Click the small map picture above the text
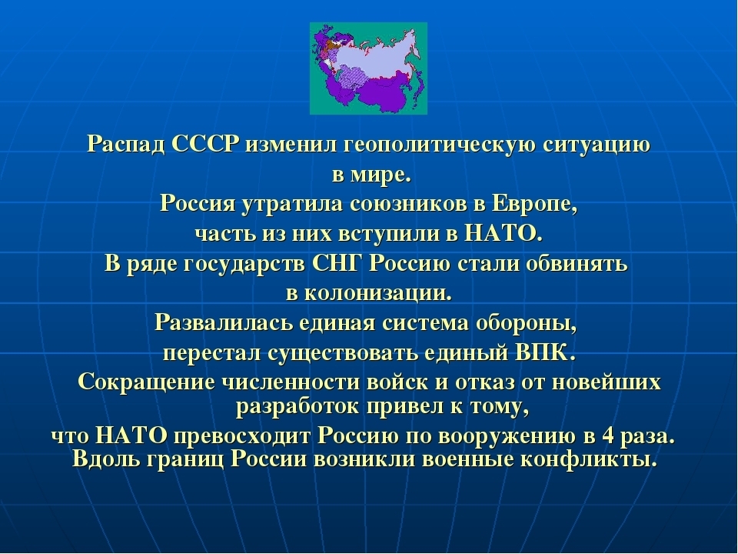click(x=367, y=68)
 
